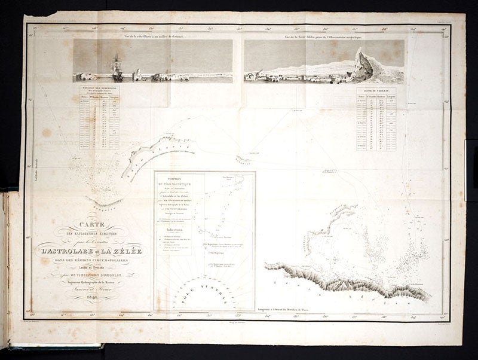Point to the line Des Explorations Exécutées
90,233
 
